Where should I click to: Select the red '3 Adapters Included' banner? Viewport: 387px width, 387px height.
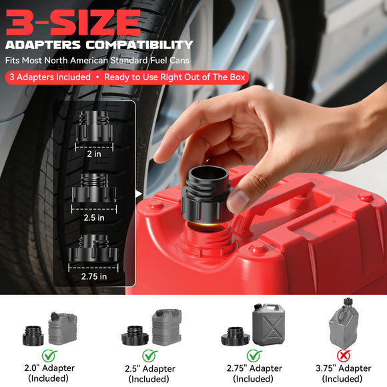pos(49,77)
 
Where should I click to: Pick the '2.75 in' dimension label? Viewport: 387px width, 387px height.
pos(94,276)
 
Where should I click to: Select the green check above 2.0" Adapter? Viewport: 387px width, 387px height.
pos(49,356)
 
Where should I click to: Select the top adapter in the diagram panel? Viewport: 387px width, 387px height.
pos(93,126)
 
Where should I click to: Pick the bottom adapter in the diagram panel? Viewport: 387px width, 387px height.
pos(93,250)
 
